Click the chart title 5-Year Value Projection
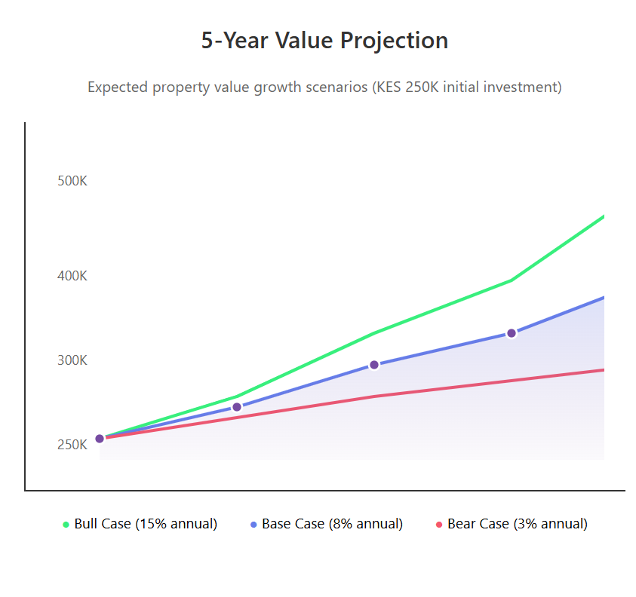pos(324,40)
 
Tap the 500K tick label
pos(72,182)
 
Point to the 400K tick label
pos(72,276)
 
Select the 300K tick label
pos(72,360)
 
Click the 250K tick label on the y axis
pos(72,445)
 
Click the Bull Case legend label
pos(146,524)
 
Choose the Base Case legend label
pos(332,524)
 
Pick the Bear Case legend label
pos(517,524)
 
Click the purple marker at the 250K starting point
pos(100,439)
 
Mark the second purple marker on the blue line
pos(237,407)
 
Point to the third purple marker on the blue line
pos(373,365)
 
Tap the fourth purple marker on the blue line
pos(511,333)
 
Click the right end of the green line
pos(603,217)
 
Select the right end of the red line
pos(603,370)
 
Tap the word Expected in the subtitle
pos(118,87)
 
